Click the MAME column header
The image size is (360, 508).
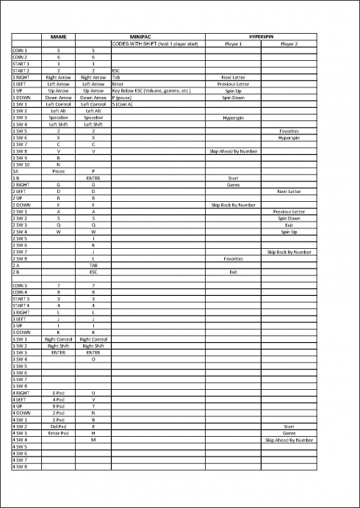coord(58,36)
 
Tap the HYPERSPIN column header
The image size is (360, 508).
coord(261,36)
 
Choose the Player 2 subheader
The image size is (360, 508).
coord(289,43)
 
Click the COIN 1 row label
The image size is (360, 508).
coord(20,50)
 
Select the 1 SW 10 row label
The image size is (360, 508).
coord(21,164)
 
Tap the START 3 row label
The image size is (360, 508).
coord(21,300)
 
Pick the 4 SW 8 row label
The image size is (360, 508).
coord(20,466)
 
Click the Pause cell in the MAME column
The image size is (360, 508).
coord(58,171)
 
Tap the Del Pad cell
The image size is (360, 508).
coord(58,426)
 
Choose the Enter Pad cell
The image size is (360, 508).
coord(58,432)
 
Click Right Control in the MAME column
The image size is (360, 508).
coord(58,339)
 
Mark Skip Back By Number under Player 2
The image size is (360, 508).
coord(289,252)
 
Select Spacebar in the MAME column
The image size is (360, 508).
coord(58,117)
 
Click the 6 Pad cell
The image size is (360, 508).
coord(58,393)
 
